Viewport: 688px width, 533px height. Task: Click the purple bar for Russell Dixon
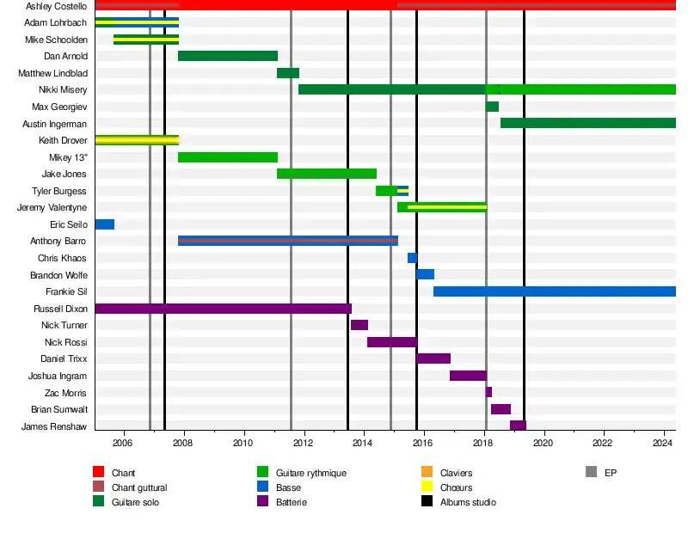(x=223, y=308)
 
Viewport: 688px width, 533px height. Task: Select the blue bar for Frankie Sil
(x=554, y=291)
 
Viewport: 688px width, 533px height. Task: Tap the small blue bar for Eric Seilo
(x=104, y=224)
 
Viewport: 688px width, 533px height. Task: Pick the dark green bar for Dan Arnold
(x=227, y=56)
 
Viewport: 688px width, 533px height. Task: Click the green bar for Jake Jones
(x=326, y=174)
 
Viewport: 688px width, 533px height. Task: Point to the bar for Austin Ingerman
(x=587, y=123)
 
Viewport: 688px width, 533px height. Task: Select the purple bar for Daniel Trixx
(x=433, y=358)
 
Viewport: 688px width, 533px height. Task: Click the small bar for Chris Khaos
(x=412, y=258)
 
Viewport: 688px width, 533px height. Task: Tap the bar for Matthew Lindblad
(x=287, y=73)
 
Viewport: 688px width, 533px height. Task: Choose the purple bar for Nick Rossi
(x=391, y=342)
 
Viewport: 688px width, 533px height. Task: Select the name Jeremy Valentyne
(x=52, y=208)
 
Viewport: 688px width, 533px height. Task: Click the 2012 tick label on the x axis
(x=303, y=444)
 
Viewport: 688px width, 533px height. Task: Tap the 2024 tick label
(x=662, y=444)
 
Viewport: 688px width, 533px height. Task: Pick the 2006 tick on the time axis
(x=123, y=444)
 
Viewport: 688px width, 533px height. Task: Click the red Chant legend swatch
(x=98, y=472)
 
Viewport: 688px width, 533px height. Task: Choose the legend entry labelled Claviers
(x=456, y=473)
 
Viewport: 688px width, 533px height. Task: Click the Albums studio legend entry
(x=467, y=501)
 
